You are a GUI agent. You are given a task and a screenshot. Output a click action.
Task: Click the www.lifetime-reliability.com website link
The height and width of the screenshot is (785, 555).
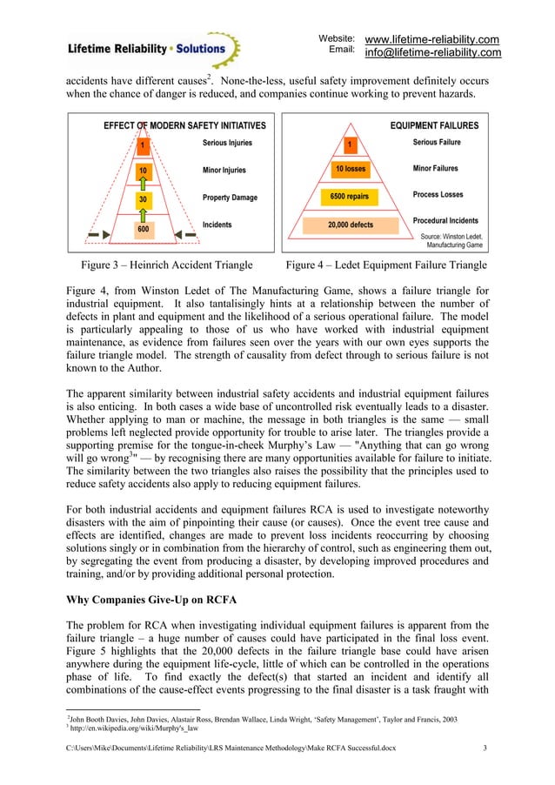point(431,39)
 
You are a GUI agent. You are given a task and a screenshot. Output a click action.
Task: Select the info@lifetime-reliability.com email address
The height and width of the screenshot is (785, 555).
point(432,53)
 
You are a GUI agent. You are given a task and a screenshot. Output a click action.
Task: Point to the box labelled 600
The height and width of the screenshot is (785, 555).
point(142,230)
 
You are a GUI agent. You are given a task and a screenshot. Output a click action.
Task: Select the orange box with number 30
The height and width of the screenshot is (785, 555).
point(142,198)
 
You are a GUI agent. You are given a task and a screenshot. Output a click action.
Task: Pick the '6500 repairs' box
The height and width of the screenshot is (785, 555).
point(350,197)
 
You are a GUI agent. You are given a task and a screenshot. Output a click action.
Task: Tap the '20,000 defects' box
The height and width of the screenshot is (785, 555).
point(350,225)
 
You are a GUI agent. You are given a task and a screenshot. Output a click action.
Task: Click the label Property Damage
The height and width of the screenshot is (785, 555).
point(230,198)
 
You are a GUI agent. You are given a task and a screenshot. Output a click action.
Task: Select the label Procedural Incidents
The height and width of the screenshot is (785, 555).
point(445,221)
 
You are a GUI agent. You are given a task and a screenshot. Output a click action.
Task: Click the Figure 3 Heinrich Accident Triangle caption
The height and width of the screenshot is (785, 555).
point(166,265)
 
